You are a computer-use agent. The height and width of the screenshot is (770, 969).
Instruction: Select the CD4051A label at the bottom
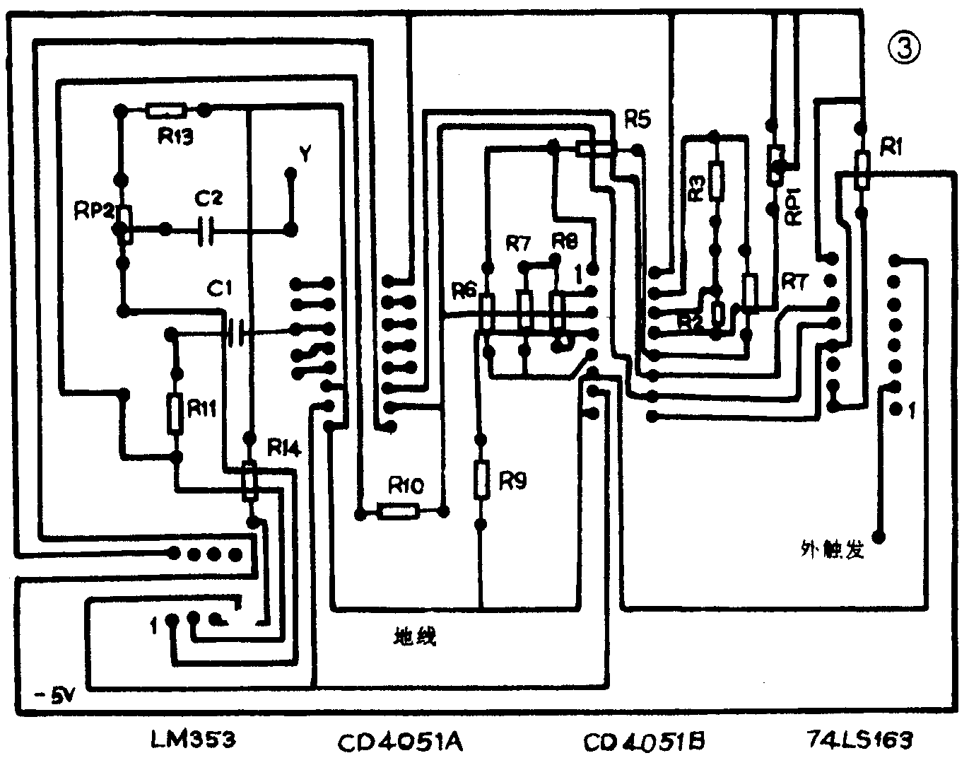[400, 742]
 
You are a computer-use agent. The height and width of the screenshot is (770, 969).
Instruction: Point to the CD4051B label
[644, 742]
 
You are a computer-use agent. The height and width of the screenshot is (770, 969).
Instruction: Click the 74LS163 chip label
[859, 741]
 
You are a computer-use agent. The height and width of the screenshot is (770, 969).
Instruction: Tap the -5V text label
[47, 697]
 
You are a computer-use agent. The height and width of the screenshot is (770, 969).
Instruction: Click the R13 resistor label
[175, 136]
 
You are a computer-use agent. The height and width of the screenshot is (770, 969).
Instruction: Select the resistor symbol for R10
[399, 510]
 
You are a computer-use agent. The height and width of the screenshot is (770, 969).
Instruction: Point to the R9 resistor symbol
[481, 479]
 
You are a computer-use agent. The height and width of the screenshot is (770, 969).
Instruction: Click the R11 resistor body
[175, 414]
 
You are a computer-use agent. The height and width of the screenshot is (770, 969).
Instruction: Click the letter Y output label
[305, 153]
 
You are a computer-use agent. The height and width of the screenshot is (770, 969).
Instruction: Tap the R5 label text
[637, 120]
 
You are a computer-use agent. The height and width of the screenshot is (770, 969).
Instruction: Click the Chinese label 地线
[414, 636]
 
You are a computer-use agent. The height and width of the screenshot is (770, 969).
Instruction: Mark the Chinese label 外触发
[833, 549]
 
